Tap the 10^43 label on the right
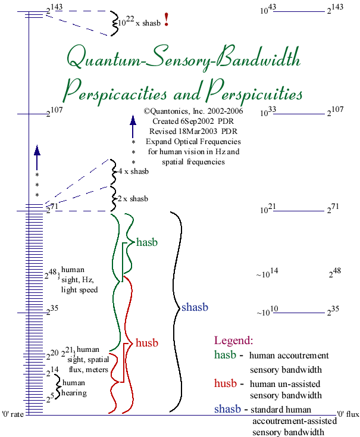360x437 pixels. coord(268,10)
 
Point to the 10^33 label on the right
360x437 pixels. coord(268,112)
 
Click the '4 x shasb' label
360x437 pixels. coord(133,171)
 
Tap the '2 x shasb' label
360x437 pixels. coord(133,198)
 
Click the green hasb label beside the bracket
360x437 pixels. coord(146,242)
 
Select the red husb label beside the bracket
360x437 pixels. coord(147,343)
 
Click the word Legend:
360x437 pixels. coord(233,341)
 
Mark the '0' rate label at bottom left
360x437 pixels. coord(12,414)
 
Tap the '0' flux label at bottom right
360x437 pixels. coord(347,414)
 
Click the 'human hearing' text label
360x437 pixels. coord(74,388)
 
